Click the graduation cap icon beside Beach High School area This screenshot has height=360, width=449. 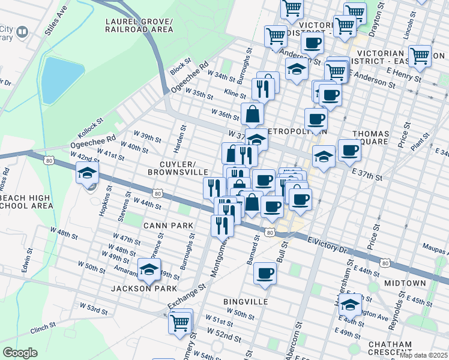point(87,174)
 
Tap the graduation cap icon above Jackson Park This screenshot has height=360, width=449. point(149,271)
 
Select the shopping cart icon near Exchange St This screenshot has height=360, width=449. point(180,322)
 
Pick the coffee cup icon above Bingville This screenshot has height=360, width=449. point(265,274)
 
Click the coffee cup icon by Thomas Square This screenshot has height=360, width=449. point(349,151)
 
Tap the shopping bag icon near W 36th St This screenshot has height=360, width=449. point(253,113)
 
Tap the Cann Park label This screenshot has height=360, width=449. point(167,226)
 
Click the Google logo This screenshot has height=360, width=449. point(20,353)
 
